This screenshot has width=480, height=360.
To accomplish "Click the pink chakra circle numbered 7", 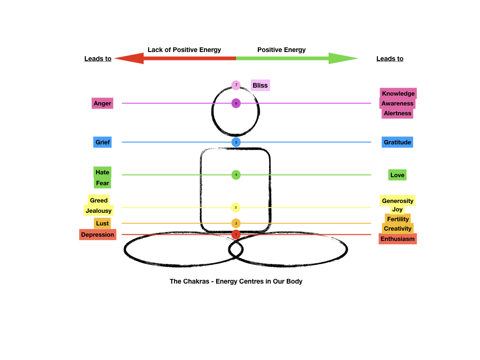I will point(236,85).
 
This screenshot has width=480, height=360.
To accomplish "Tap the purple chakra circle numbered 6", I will point(236,103).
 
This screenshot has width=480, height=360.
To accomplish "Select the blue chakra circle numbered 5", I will point(236,142).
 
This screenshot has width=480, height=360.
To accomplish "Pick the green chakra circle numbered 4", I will point(236,175).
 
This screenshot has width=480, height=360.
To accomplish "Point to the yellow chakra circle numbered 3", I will point(236,207).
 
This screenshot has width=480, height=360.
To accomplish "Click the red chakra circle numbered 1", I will point(236,234).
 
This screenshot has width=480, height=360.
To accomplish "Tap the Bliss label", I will point(260,85).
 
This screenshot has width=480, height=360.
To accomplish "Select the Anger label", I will point(102,104).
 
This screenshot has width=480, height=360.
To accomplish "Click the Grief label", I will point(102,142).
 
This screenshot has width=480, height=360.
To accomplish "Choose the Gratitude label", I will point(397,142).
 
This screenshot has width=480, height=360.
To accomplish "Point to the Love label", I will point(397,175).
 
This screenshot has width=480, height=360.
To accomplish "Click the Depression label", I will point(97,234).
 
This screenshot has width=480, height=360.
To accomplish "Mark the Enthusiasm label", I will point(397,239).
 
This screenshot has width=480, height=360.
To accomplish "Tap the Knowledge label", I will point(398,93).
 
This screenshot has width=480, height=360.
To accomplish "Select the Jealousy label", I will point(98,210).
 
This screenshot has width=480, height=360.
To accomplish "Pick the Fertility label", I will point(398,219).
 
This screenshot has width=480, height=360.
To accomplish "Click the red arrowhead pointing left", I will point(128,58).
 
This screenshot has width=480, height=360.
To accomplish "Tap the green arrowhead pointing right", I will point(343,58).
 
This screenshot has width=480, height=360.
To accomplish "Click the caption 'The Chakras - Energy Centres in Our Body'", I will point(236,281).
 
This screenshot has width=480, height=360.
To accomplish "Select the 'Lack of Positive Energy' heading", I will point(184,50).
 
